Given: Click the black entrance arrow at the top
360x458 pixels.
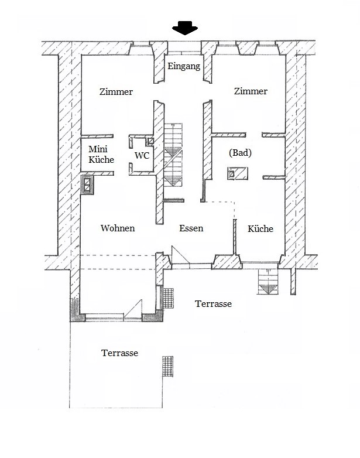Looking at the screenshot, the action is tap(185, 28).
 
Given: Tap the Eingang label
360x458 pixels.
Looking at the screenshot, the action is tap(184, 66).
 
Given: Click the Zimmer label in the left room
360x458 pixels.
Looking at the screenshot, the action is tap(116, 92).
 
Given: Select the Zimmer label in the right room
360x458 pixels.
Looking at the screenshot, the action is tap(251, 91).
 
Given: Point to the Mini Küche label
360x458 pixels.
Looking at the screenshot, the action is tap(101, 154).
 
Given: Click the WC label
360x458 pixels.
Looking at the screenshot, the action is tap(142, 155).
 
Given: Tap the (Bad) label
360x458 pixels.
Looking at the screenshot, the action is tap(240, 153).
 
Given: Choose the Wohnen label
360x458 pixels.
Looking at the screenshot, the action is tap(118, 228).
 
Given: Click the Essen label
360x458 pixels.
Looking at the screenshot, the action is tap(191, 228).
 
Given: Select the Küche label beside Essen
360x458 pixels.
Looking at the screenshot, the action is tap(260, 228).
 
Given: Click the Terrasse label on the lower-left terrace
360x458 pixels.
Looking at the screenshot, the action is tap(120, 353).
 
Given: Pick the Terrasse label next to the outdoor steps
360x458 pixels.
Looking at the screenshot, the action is tap(214, 304).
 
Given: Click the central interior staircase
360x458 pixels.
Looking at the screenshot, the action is tap(173, 155).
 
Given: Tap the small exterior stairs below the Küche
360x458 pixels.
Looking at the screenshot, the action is tap(268, 282).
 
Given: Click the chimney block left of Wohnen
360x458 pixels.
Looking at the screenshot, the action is tap(87, 184).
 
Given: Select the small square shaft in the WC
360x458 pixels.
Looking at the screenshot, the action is tap(150, 142).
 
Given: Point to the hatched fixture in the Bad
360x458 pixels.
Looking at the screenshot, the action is tap(238, 173).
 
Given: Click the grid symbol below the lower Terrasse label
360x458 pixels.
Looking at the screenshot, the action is tap(168, 366).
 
